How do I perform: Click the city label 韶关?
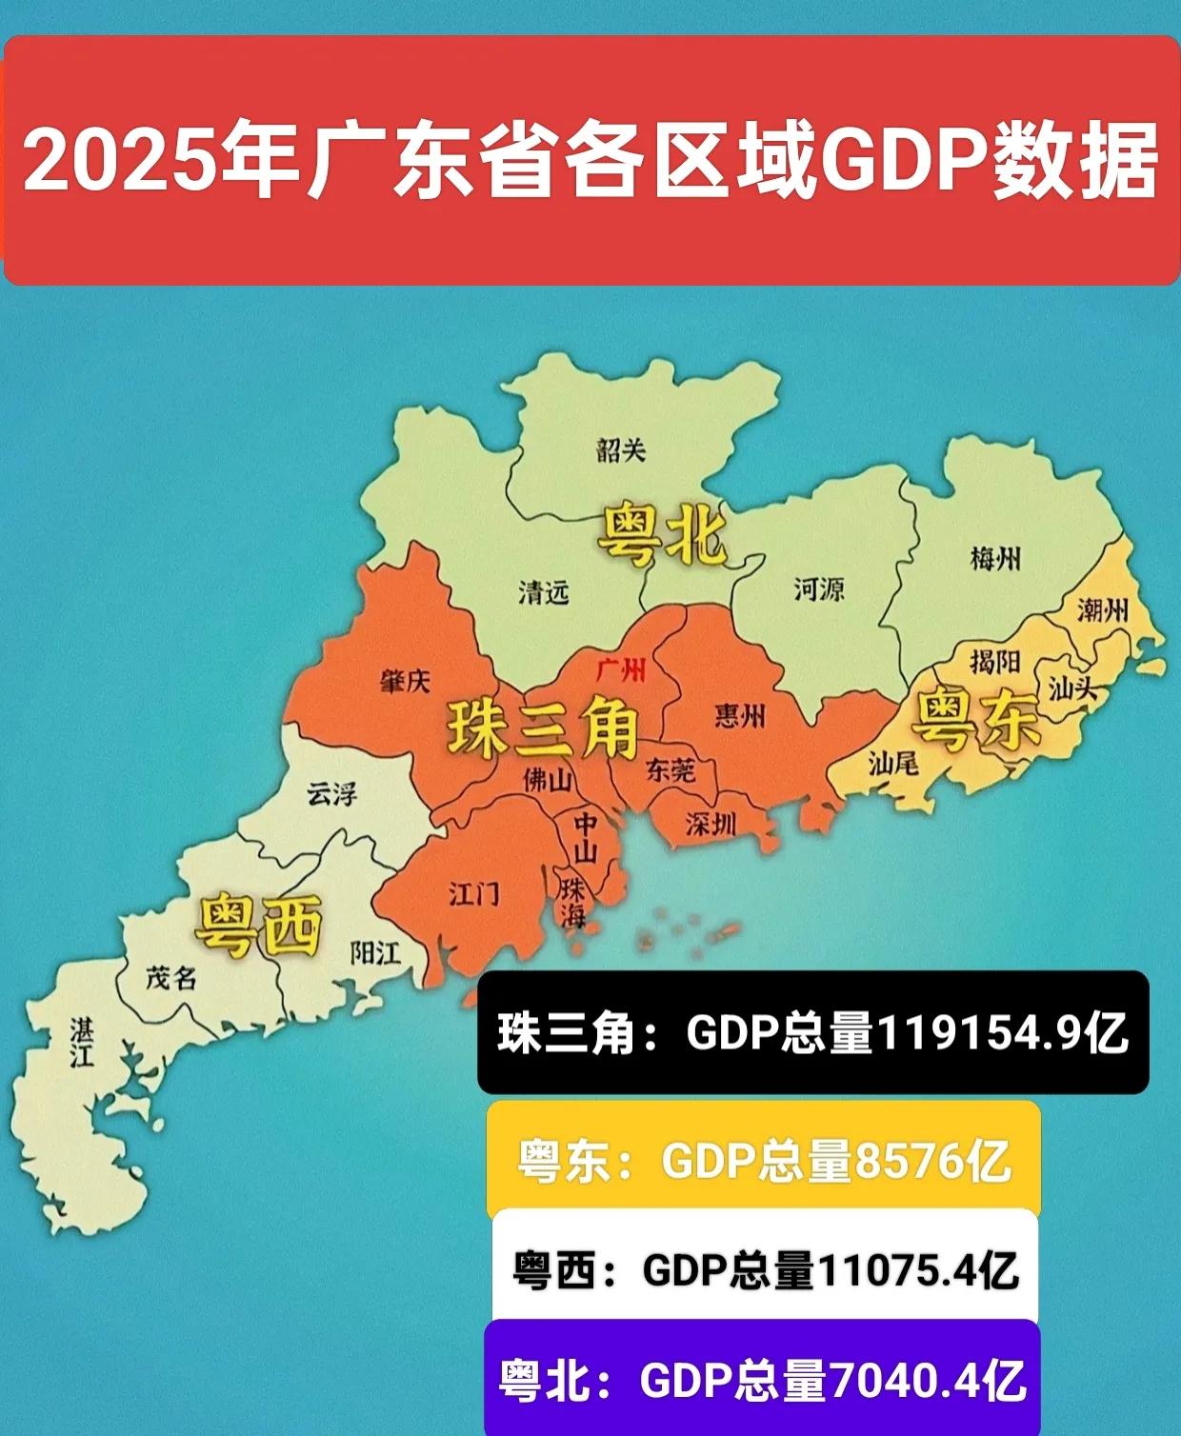(x=621, y=449)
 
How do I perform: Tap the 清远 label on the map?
(x=543, y=592)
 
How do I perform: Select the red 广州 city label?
(x=621, y=669)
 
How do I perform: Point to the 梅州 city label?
(x=995, y=558)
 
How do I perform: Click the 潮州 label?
(x=1102, y=609)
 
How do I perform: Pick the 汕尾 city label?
(x=892, y=762)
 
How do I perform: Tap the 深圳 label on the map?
(x=711, y=824)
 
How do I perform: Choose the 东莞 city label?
(x=671, y=769)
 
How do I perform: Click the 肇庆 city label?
(x=406, y=680)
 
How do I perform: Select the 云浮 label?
(x=331, y=793)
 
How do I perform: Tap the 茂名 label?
(x=171, y=977)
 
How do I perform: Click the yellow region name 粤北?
(x=662, y=536)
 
